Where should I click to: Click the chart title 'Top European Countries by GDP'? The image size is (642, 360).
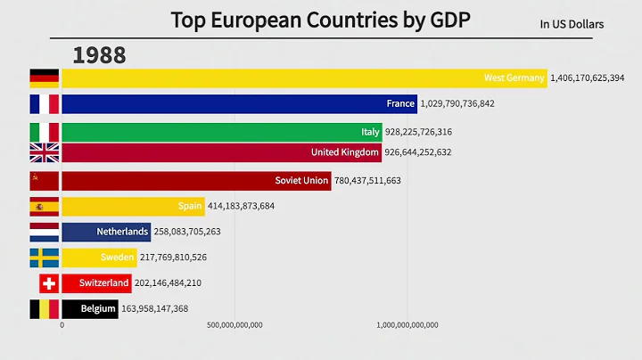pos(321,20)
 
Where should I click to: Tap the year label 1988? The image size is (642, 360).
pos(99,55)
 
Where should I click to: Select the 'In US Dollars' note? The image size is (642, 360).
pos(572,24)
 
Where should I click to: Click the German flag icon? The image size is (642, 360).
pos(45,78)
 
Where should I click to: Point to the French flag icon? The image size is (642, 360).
pos(45,103)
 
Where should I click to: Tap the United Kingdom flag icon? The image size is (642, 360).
pos(45,152)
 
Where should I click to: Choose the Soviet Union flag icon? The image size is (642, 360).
pos(45,181)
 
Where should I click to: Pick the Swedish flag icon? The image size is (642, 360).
pos(45,258)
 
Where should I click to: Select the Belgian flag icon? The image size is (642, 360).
pos(45,309)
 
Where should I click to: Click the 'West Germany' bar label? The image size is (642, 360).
pos(514,78)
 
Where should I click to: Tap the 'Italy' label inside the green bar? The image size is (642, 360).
pos(370,132)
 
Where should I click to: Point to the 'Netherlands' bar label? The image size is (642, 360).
pos(123,232)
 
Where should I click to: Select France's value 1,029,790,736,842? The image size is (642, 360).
pos(469,104)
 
